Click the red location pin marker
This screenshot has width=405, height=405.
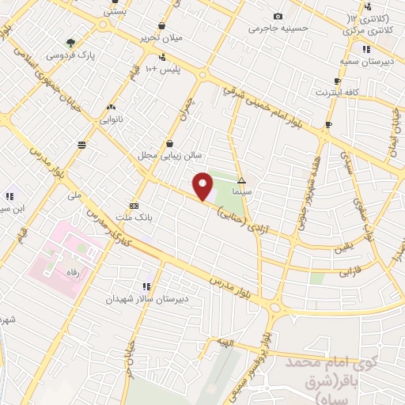point(203,187)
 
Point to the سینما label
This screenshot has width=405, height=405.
point(241,191)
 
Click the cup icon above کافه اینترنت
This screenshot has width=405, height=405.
point(337,81)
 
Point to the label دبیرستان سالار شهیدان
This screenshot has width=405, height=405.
point(147,300)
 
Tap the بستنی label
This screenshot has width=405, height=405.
point(115,13)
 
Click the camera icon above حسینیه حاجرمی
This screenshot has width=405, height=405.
point(277,17)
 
